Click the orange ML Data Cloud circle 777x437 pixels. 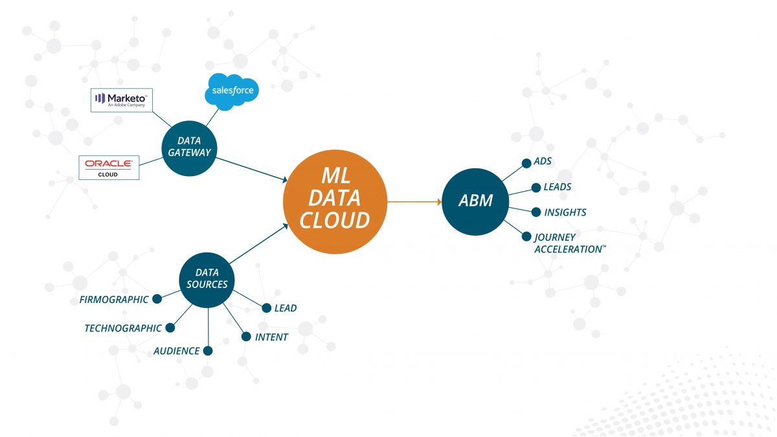tap(335, 202)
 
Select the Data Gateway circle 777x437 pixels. tap(189, 148)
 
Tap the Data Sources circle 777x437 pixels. tap(207, 280)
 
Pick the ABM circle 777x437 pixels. tap(475, 202)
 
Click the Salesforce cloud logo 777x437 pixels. tap(232, 91)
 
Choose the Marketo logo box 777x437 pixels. tap(122, 100)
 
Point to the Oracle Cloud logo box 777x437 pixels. tap(109, 168)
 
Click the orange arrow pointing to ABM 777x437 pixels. tap(414, 202)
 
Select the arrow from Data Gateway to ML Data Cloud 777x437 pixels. tap(252, 169)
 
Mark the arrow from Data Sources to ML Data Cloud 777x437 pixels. tap(259, 244)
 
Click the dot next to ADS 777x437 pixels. tap(526, 163)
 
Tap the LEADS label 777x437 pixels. tap(557, 187)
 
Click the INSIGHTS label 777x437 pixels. tap(565, 212)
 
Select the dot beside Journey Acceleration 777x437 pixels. tap(526, 236)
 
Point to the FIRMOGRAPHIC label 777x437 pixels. tap(114, 300)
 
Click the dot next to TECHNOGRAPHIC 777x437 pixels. tap(170, 328)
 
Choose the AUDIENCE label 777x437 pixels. tap(177, 351)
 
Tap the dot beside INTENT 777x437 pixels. tap(246, 337)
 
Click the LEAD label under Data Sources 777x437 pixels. tap(286, 308)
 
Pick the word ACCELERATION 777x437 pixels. tap(569, 249)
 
